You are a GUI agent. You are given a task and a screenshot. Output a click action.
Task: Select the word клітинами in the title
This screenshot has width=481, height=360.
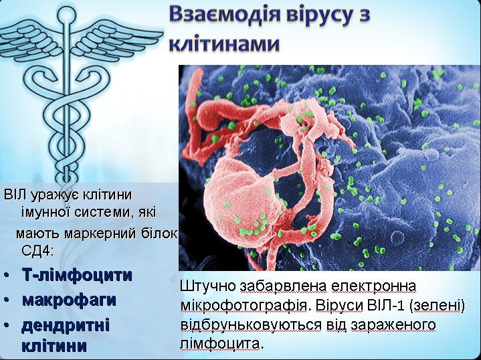click(224, 43)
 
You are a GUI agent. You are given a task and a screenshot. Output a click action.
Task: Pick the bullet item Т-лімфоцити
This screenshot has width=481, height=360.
click(77, 275)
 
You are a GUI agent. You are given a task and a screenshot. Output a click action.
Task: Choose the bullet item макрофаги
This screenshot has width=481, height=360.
click(70, 300)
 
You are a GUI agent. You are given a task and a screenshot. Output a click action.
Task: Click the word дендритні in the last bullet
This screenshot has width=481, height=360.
click(66, 325)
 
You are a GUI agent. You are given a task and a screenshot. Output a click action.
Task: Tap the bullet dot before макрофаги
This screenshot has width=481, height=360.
click(7, 300)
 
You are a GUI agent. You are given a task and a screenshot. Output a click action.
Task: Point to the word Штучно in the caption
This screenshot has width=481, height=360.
click(208, 286)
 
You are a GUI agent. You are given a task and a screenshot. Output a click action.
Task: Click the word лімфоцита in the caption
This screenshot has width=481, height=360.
click(222, 344)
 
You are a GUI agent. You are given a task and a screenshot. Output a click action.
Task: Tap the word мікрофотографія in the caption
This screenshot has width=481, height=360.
click(246, 306)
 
